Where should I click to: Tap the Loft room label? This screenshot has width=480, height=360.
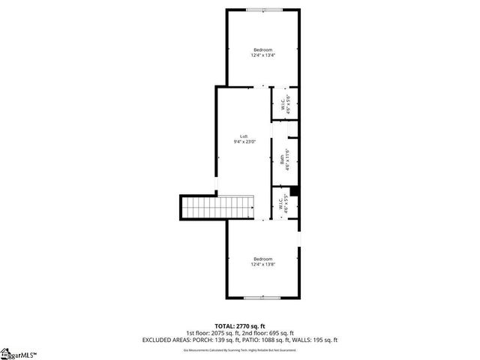pyautogui.click(x=244, y=136)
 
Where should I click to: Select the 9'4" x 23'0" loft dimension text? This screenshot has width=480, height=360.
pyautogui.click(x=244, y=141)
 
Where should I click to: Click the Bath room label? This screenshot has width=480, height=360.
pyautogui.click(x=282, y=159)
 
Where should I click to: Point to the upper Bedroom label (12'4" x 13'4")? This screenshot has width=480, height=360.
pyautogui.click(x=262, y=49)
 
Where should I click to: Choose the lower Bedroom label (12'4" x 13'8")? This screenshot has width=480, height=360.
pyautogui.click(x=262, y=259)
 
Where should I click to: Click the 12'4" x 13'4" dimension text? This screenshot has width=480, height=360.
pyautogui.click(x=262, y=55)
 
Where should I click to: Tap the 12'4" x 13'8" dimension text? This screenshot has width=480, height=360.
pyautogui.click(x=262, y=264)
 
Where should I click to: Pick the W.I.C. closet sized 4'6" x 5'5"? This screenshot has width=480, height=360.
pyautogui.click(x=285, y=204)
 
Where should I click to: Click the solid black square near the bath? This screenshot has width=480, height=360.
pyautogui.click(x=295, y=191)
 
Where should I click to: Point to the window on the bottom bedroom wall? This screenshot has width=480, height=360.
pyautogui.click(x=262, y=298)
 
